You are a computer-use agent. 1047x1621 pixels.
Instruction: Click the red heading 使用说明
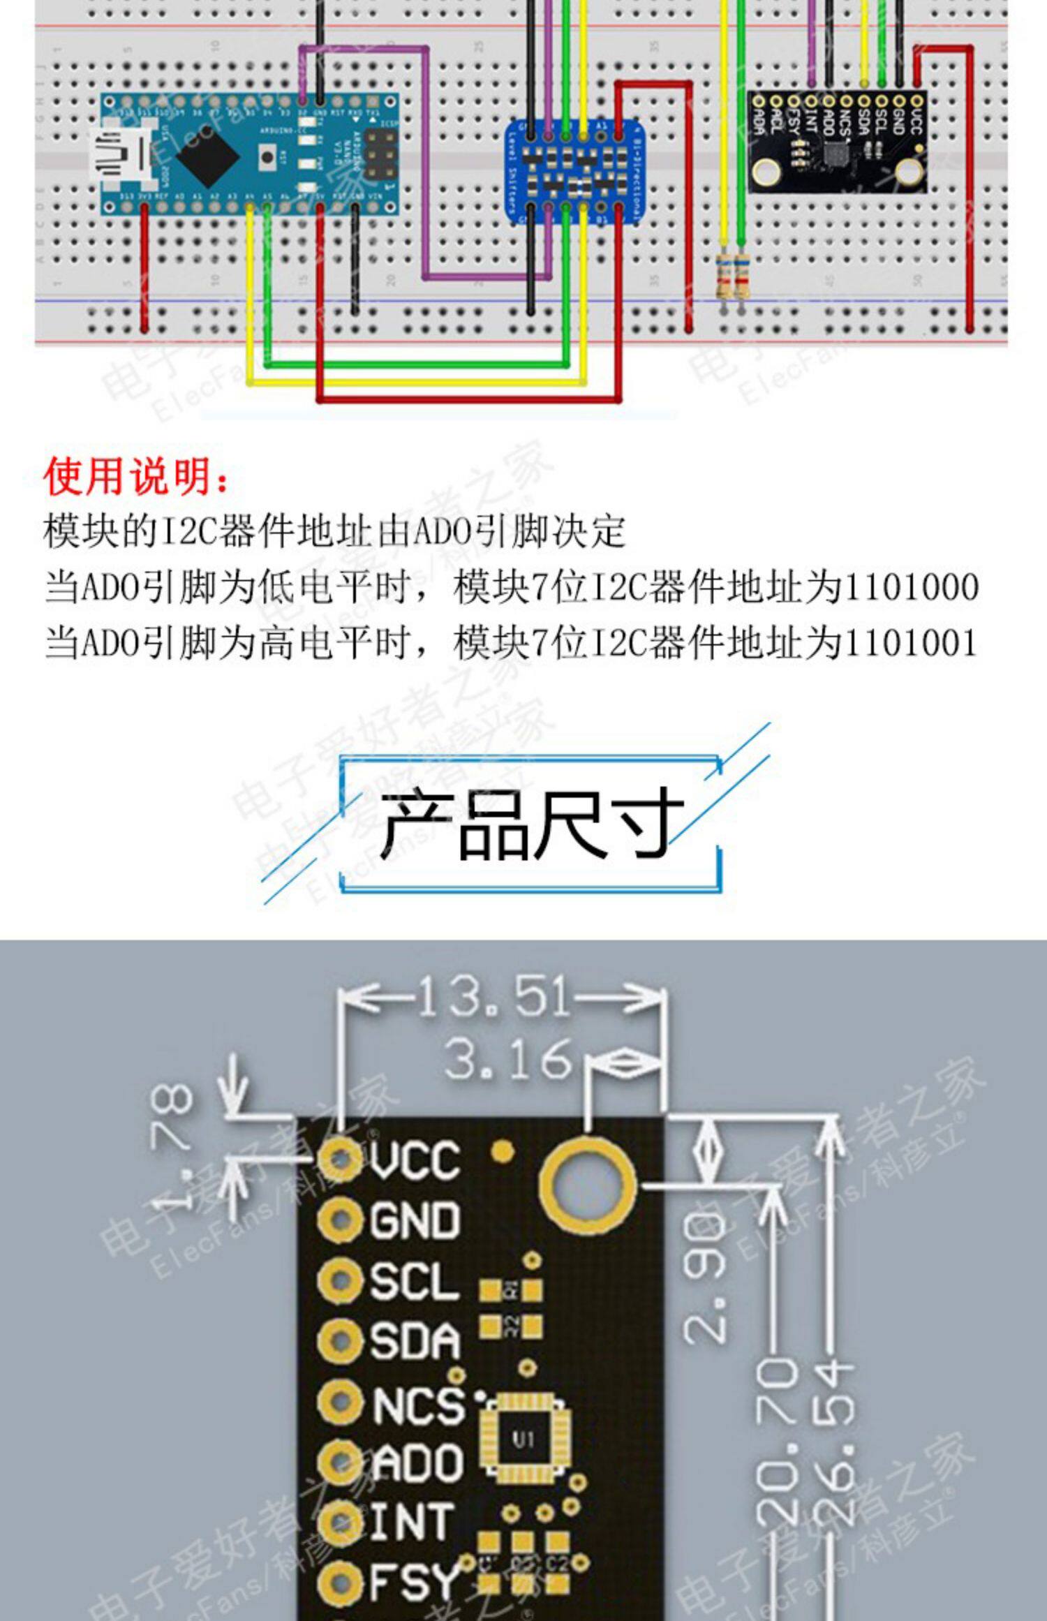click(x=136, y=477)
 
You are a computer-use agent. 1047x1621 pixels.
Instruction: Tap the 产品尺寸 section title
click(x=530, y=824)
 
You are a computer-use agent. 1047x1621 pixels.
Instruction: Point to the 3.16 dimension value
click(x=508, y=1059)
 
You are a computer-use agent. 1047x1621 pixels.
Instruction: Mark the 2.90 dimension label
click(x=705, y=1278)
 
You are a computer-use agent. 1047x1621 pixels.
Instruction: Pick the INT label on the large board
click(x=412, y=1523)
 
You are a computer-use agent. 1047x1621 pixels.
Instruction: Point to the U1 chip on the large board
click(x=523, y=1439)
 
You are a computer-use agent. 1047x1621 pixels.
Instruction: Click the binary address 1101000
click(x=910, y=587)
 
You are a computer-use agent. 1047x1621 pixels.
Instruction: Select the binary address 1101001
click(x=910, y=642)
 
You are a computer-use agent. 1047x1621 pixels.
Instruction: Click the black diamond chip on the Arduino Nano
click(x=211, y=158)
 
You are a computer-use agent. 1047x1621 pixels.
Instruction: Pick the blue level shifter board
click(x=574, y=171)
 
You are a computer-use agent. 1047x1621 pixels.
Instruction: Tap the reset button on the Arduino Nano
click(x=267, y=156)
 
